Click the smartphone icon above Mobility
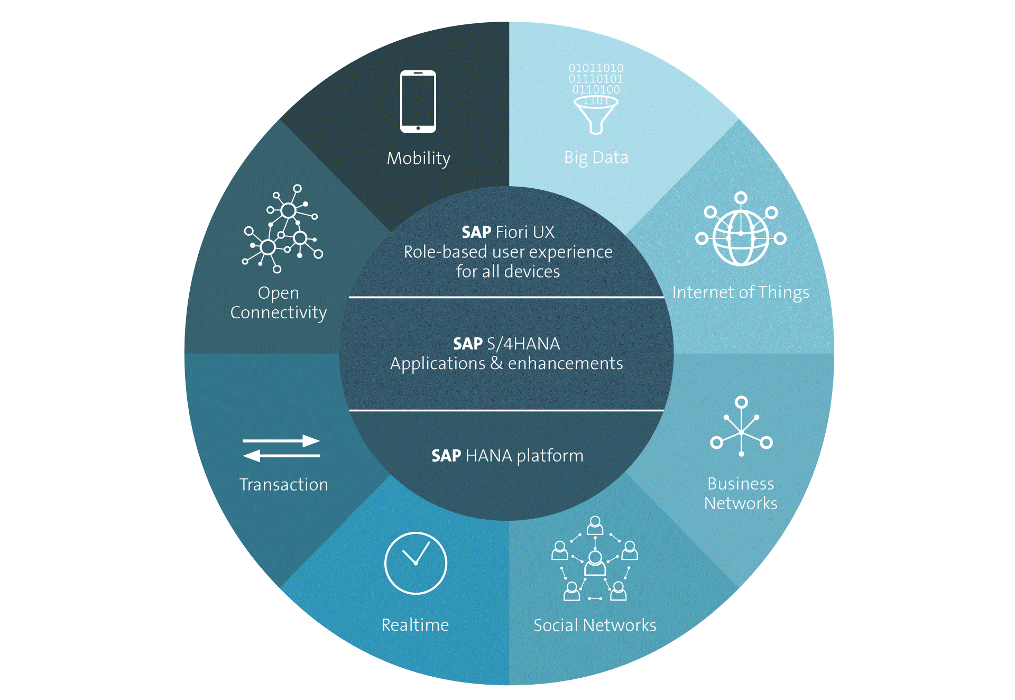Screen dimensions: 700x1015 click(x=418, y=102)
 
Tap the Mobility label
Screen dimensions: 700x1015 click(x=418, y=158)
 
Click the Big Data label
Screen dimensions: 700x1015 click(x=596, y=158)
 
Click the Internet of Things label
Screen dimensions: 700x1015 click(x=740, y=292)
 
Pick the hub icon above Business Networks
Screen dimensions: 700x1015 click(x=741, y=428)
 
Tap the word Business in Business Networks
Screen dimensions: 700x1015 click(x=740, y=484)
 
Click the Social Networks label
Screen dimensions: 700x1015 click(x=595, y=625)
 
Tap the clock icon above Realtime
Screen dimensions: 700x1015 click(x=416, y=563)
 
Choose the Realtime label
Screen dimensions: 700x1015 click(x=415, y=625)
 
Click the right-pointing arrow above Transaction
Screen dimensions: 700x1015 click(x=281, y=440)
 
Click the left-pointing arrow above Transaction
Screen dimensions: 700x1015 click(x=281, y=455)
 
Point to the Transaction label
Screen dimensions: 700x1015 click(x=283, y=485)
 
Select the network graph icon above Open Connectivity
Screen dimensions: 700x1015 click(x=282, y=230)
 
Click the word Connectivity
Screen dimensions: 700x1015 click(x=279, y=312)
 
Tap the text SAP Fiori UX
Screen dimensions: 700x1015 click(x=508, y=232)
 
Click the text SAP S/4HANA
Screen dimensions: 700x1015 click(x=506, y=344)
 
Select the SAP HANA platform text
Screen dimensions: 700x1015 click(x=507, y=456)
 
